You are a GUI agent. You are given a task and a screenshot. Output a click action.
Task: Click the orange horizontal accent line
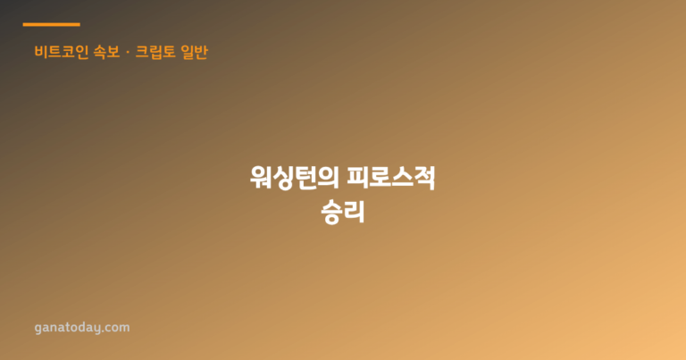[51, 24]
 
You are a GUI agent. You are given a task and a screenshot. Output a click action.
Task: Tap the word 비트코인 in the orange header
[62, 52]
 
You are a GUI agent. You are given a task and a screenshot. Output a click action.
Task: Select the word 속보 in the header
[107, 52]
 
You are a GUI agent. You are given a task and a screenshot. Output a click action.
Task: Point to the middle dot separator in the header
[128, 52]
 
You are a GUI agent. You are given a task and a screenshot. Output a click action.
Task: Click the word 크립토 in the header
[155, 52]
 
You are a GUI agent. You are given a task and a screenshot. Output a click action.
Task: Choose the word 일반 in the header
[194, 52]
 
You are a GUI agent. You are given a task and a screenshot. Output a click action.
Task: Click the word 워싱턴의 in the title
[295, 177]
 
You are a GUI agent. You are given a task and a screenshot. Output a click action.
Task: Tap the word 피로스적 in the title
[391, 177]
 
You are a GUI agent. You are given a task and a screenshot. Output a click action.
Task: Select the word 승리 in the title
[343, 212]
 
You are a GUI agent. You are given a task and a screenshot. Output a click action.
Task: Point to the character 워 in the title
[261, 177]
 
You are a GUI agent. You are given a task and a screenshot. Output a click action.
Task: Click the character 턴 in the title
[306, 177]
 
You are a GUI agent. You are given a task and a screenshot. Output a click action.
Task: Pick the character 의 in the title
[329, 177]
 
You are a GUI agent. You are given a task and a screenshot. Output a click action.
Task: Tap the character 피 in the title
[358, 177]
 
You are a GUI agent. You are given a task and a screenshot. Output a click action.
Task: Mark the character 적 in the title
[425, 177]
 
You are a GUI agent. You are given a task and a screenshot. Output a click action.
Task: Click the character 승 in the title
[331, 212]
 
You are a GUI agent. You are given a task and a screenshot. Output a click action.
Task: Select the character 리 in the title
[354, 212]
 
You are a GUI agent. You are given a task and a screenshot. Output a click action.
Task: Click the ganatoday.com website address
[82, 328]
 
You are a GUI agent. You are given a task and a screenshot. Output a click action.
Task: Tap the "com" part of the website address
[118, 328]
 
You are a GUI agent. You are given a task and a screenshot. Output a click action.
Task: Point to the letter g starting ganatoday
[38, 329]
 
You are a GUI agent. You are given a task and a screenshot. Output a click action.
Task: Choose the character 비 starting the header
[41, 52]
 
